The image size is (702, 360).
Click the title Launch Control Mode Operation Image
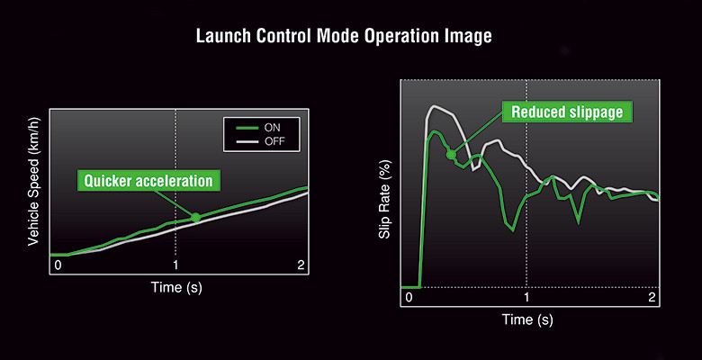[344, 36]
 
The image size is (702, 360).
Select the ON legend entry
[261, 128]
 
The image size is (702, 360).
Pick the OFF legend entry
[261, 142]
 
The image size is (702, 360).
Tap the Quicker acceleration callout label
[148, 181]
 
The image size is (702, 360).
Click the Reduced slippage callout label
[567, 112]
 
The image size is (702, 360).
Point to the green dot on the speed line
[195, 218]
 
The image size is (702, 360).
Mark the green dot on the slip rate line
[451, 155]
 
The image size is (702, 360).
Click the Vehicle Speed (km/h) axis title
[34, 181]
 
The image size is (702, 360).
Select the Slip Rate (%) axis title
[385, 199]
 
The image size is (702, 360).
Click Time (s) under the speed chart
[176, 287]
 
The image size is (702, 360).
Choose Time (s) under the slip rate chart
[527, 319]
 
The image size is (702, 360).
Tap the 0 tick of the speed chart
[58, 265]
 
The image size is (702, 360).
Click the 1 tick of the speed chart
[175, 265]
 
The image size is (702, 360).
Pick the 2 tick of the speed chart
[301, 265]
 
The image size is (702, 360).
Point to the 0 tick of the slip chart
[409, 297]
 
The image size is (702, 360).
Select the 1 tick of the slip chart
[526, 297]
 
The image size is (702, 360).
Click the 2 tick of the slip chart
[652, 297]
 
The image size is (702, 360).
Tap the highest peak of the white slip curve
[434, 105]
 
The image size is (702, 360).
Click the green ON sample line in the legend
[247, 128]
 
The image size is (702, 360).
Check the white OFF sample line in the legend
[247, 142]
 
